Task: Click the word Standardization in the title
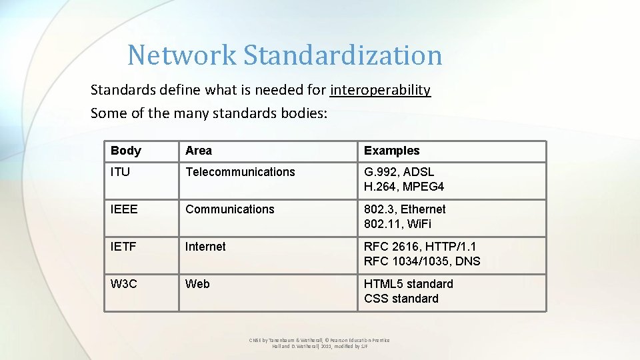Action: (x=342, y=55)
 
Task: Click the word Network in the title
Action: (x=182, y=55)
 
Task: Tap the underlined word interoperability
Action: (x=381, y=89)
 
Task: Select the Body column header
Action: (x=126, y=151)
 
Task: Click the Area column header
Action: (x=199, y=151)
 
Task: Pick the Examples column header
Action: (x=392, y=151)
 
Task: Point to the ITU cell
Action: (x=121, y=172)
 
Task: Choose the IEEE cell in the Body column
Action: (x=124, y=209)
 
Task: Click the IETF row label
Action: (x=123, y=247)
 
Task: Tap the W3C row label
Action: (x=124, y=284)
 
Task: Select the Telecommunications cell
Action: (x=240, y=172)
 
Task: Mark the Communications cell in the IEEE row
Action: (x=230, y=209)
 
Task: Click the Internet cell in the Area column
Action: (x=205, y=247)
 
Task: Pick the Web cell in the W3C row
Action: (x=197, y=284)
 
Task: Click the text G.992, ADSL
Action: (x=399, y=172)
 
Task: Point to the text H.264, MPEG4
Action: (x=404, y=187)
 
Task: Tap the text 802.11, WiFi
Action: (x=397, y=224)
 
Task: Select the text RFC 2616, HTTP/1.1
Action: (x=420, y=247)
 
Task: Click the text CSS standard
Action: (x=401, y=299)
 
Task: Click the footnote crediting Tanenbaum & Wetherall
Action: (x=319, y=343)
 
